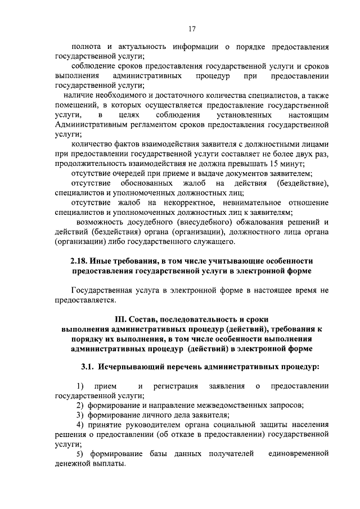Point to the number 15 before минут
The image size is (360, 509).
[273, 164]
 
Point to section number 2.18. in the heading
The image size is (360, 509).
[81, 261]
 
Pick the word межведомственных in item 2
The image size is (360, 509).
[213, 406]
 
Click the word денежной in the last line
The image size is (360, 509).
[74, 463]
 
